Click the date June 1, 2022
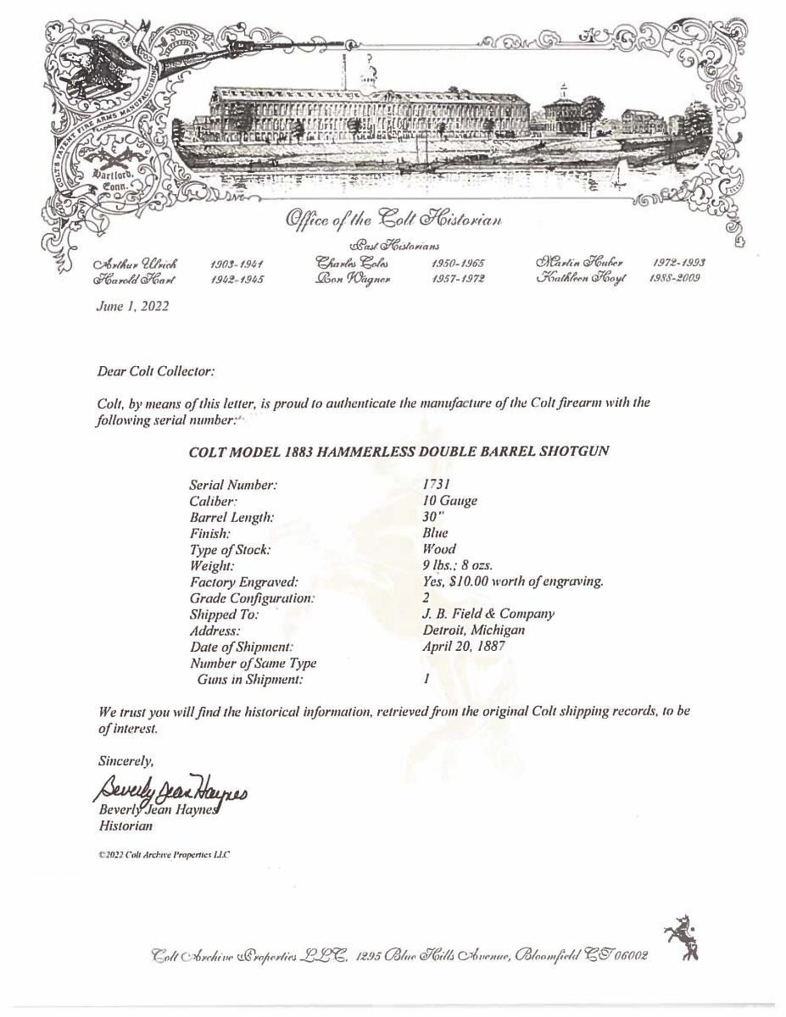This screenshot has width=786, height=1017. coord(132,306)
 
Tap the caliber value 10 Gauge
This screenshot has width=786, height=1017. coord(449,500)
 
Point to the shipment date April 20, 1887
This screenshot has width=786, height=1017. coord(464,647)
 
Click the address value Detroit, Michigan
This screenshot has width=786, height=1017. coord(473,630)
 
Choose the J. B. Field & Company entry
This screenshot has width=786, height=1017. coord(488,614)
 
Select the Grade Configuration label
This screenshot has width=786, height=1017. coord(253,597)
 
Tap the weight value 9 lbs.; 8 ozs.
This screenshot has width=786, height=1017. coord(457,565)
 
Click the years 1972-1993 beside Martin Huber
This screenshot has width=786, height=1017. coord(679,264)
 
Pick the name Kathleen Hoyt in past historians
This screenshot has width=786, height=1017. coord(581,281)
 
